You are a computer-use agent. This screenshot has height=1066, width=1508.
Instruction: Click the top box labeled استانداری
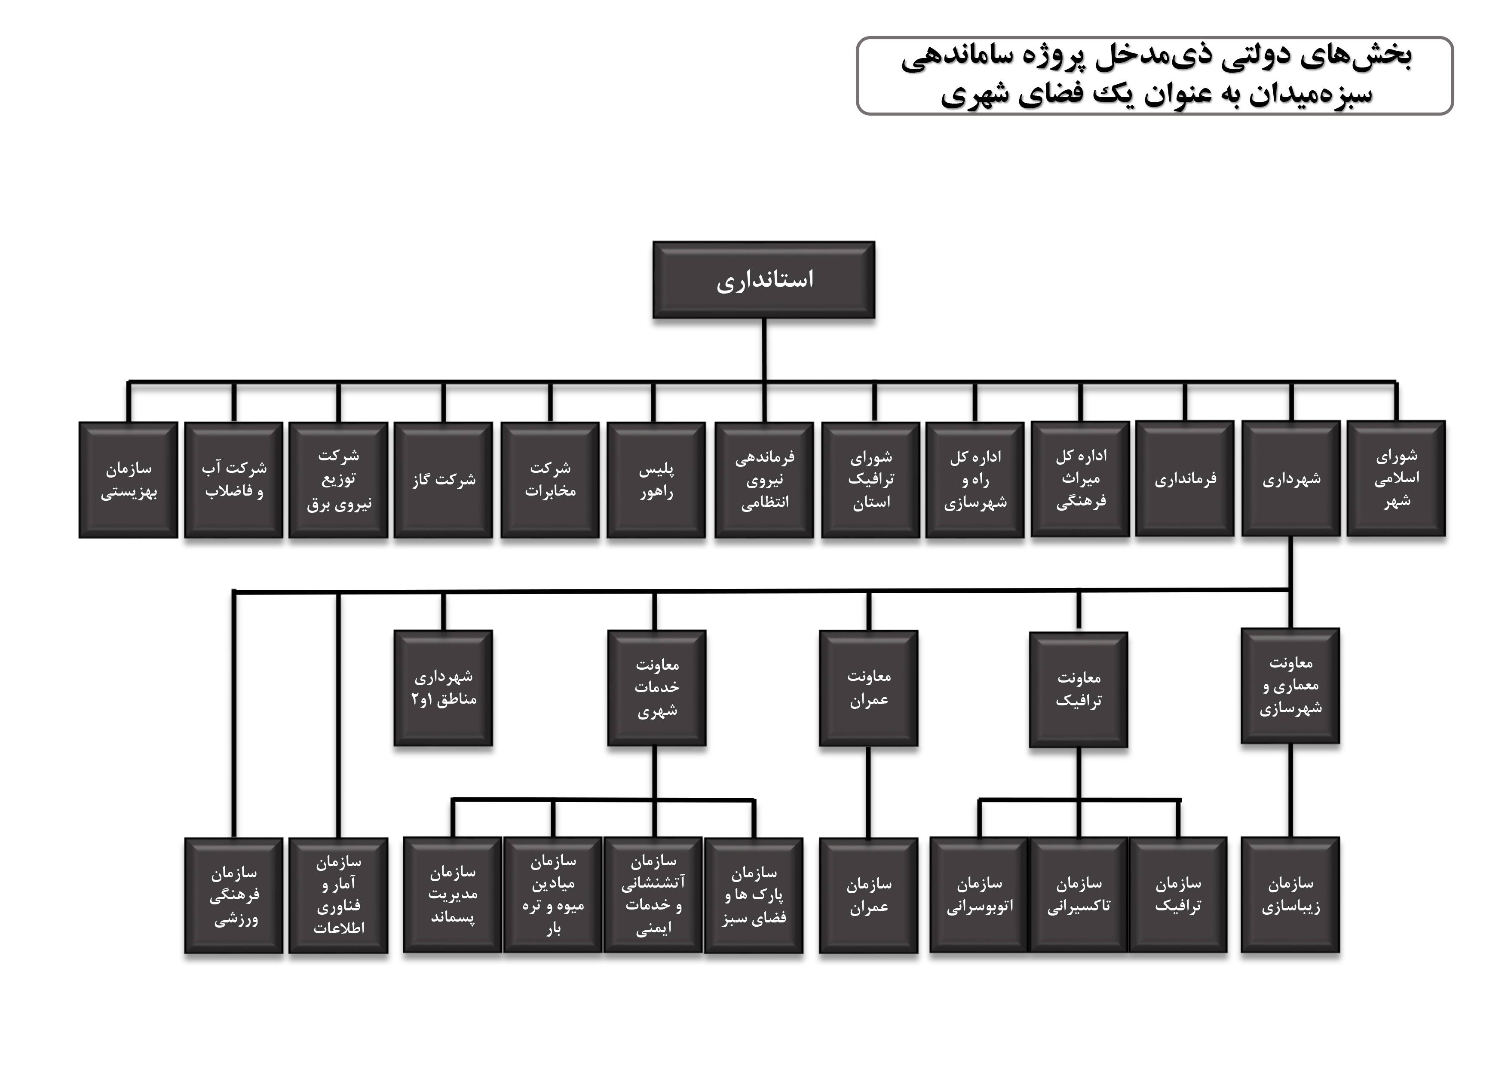coord(764,280)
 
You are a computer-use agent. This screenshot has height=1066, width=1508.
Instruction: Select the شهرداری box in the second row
coord(1290,479)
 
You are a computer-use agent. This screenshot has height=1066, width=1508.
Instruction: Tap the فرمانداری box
coord(1185,479)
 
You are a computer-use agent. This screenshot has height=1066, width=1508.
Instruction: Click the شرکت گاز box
coord(443,480)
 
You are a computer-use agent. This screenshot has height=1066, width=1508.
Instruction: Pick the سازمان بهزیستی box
coord(128,480)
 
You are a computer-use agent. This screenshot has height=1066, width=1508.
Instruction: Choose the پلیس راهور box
coord(656,480)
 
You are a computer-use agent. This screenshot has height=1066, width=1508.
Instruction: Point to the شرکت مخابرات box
coord(550,480)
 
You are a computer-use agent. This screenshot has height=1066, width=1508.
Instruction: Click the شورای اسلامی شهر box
coord(1396,479)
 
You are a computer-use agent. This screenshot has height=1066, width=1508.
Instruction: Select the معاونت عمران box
coord(868,688)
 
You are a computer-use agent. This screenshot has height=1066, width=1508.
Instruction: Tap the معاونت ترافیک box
coord(1079,689)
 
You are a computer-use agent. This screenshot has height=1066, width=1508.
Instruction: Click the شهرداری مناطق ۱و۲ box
coord(443,688)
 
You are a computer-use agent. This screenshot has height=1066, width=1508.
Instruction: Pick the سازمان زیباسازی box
coord(1290,894)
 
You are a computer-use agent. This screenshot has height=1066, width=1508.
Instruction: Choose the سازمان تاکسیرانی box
coord(1079,894)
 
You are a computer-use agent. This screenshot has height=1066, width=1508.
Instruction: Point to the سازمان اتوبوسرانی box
coord(979,894)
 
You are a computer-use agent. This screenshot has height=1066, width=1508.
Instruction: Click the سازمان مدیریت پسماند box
coord(453,894)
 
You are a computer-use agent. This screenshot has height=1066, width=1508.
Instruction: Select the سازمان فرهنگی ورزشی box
coord(234,895)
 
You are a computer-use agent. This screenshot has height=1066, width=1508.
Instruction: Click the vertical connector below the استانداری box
coord(764,350)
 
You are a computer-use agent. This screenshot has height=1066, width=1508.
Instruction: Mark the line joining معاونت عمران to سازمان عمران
coord(868,793)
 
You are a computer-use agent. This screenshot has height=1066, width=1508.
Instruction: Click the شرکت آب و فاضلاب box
coord(234,480)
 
